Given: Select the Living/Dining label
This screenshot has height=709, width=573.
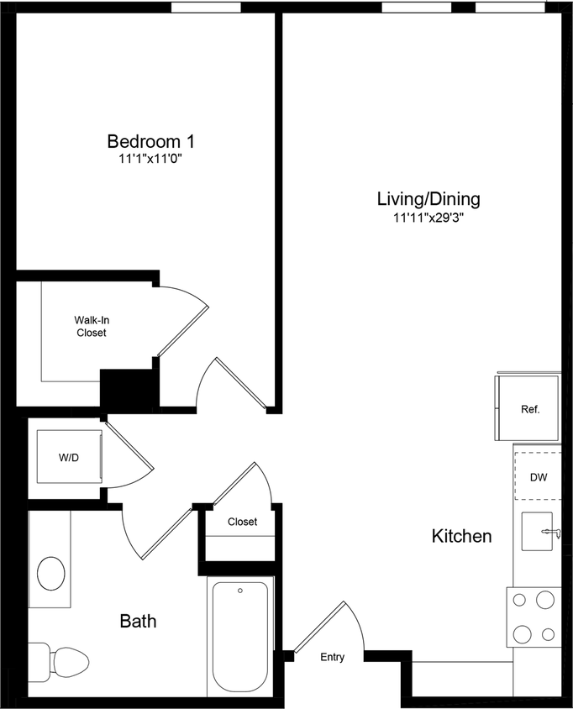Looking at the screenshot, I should (428, 199).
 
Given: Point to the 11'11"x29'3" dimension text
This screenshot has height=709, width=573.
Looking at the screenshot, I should (428, 217).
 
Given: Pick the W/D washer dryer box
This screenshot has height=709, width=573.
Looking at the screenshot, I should (69, 458).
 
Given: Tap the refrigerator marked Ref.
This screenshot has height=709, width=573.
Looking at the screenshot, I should (528, 409).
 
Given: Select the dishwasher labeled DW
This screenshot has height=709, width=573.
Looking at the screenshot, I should (538, 477).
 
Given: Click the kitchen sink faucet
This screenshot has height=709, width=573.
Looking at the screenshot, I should (550, 532).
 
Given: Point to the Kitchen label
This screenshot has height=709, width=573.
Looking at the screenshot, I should (461, 536).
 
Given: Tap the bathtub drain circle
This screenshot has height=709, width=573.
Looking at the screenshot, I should (240, 591).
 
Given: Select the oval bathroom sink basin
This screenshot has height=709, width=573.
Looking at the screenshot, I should (51, 575).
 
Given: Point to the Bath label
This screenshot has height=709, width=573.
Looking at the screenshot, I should (138, 622).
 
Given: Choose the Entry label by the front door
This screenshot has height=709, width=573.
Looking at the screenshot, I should (332, 657).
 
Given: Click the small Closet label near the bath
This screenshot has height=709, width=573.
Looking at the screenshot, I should (242, 522).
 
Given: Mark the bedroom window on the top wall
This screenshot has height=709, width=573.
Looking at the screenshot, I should (206, 8).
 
